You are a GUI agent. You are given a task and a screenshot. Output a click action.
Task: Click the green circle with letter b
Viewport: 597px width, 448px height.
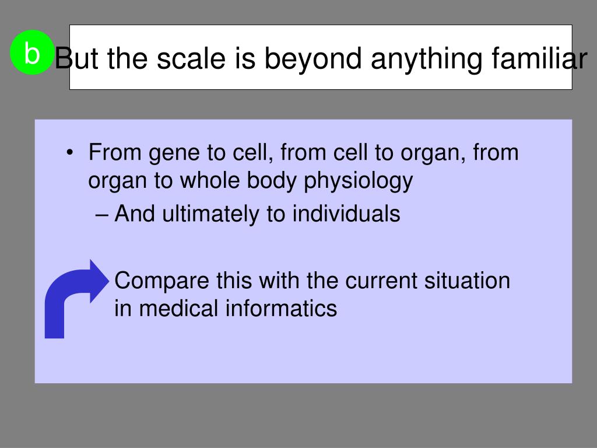[31, 52]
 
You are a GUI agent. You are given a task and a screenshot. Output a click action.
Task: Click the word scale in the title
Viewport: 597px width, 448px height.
[191, 59]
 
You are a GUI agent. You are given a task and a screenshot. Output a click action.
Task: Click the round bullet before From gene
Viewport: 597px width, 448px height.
[69, 153]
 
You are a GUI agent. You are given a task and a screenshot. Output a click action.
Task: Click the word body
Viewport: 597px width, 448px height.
[272, 181]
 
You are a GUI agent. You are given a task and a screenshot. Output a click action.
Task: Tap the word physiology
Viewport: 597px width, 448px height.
[358, 181]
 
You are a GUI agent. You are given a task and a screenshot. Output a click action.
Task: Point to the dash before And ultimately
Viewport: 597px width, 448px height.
[101, 215]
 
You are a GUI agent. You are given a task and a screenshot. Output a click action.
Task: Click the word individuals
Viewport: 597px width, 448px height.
[346, 213]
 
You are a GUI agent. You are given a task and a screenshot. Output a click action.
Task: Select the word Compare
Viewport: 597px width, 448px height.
[162, 282]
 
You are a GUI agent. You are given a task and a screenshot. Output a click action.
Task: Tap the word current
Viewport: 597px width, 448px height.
[381, 281]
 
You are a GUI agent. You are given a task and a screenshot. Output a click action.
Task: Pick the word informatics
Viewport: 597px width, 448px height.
[281, 308]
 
